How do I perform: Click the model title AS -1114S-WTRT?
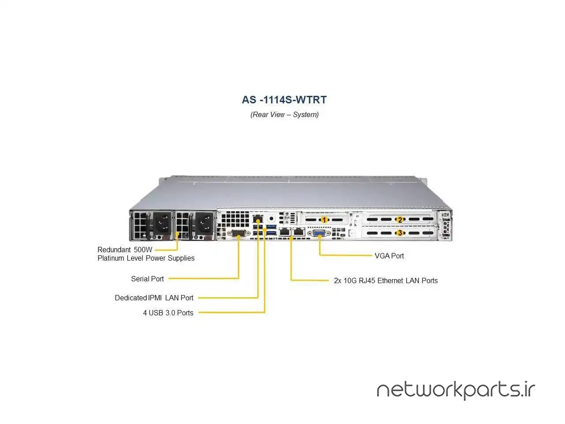[x=284, y=100]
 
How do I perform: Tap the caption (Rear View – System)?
[x=284, y=115]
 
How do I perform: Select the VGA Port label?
[x=389, y=256]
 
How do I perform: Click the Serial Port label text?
[x=147, y=279]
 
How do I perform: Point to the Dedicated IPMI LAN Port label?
[x=154, y=298]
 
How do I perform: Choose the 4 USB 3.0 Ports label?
[x=168, y=313]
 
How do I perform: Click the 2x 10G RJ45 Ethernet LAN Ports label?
[x=386, y=280]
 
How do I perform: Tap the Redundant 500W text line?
[x=125, y=250]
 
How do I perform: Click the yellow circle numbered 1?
[x=324, y=220]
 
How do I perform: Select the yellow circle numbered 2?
[x=400, y=220]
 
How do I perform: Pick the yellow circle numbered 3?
[x=400, y=233]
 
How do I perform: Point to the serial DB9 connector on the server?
[x=238, y=233]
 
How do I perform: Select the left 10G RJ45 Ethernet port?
[x=285, y=231]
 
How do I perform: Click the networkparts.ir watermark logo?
[x=456, y=390]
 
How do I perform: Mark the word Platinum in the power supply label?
[x=111, y=258]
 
